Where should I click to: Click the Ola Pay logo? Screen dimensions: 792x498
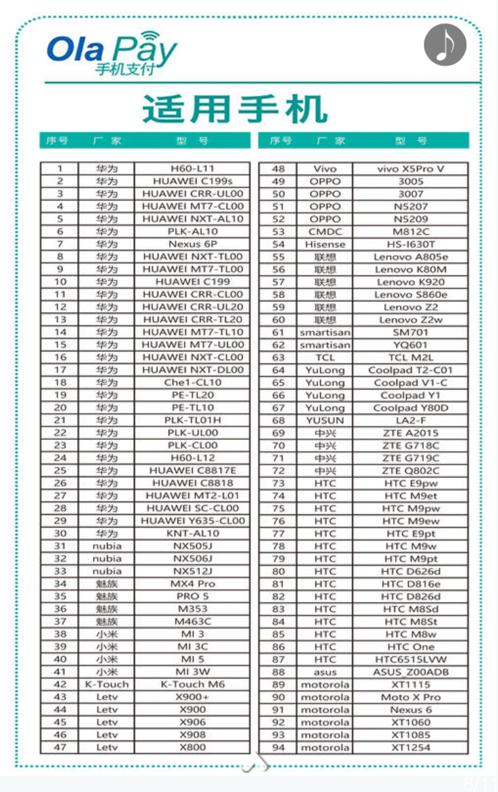[111, 52]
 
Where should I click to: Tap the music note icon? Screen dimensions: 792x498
[445, 45]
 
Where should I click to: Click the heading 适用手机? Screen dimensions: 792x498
[235, 108]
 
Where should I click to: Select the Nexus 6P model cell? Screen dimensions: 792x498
[193, 244]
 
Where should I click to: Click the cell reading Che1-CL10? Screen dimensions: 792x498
[193, 382]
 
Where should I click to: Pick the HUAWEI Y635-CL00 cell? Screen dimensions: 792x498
[193, 521]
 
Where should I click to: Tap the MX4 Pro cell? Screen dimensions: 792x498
[193, 584]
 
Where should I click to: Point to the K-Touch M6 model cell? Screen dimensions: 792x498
[193, 684]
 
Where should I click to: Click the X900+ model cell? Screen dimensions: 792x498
[193, 697]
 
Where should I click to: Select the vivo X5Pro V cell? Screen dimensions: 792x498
[410, 169]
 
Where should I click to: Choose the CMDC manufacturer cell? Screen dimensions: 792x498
[325, 232]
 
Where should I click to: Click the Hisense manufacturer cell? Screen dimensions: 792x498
[325, 244]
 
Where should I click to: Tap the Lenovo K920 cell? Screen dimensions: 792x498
[410, 282]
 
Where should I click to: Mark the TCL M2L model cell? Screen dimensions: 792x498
[410, 358]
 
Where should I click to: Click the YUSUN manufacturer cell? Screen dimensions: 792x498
[325, 420]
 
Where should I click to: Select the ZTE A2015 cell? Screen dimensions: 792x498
[410, 433]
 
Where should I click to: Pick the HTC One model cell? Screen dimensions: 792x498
[410, 647]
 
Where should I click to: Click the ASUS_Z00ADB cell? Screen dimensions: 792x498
[410, 672]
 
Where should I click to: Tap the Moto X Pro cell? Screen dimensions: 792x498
[410, 697]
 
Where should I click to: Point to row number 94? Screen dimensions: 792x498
[278, 747]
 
